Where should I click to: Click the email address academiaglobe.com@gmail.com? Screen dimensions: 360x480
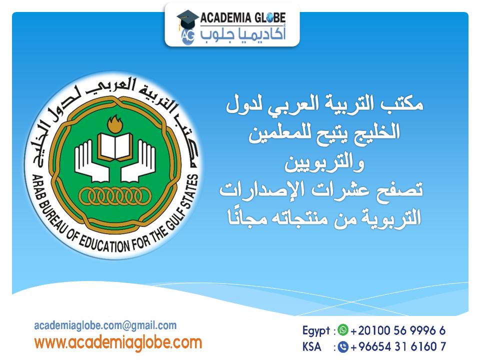tap(105, 325)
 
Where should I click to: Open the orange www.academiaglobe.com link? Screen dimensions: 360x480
tap(118, 343)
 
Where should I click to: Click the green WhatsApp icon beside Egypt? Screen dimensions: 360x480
tap(342, 330)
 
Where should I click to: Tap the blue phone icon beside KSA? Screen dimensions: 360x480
tap(342, 346)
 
